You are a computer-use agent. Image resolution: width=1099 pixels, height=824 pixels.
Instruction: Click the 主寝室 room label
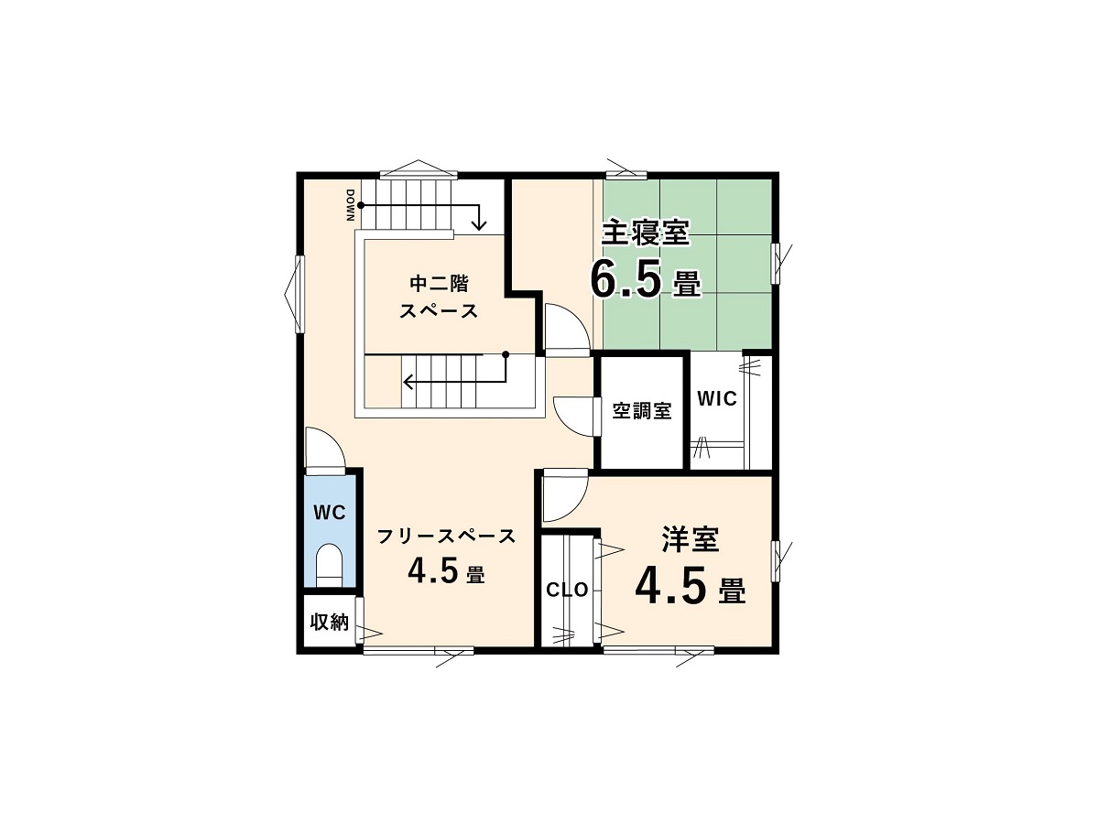tap(646, 233)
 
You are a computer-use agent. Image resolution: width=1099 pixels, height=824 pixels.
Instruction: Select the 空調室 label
tap(642, 411)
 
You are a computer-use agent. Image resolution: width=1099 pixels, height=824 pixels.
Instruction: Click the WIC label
tap(717, 399)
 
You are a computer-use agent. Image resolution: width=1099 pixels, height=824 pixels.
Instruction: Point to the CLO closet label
tap(567, 591)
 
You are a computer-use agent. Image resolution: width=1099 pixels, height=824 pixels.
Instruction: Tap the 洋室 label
tap(691, 539)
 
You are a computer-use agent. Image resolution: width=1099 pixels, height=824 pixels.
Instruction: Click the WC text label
tap(330, 513)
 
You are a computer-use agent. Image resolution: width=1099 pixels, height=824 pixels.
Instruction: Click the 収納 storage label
tap(329, 622)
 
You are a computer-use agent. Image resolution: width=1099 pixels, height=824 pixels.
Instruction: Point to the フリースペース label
tap(446, 537)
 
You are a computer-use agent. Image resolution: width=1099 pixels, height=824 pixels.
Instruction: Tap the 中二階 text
tap(439, 284)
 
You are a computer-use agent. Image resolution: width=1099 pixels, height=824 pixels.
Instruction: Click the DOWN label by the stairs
tap(350, 205)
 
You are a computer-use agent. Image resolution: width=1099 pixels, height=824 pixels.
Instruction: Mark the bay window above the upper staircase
tap(419, 169)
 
